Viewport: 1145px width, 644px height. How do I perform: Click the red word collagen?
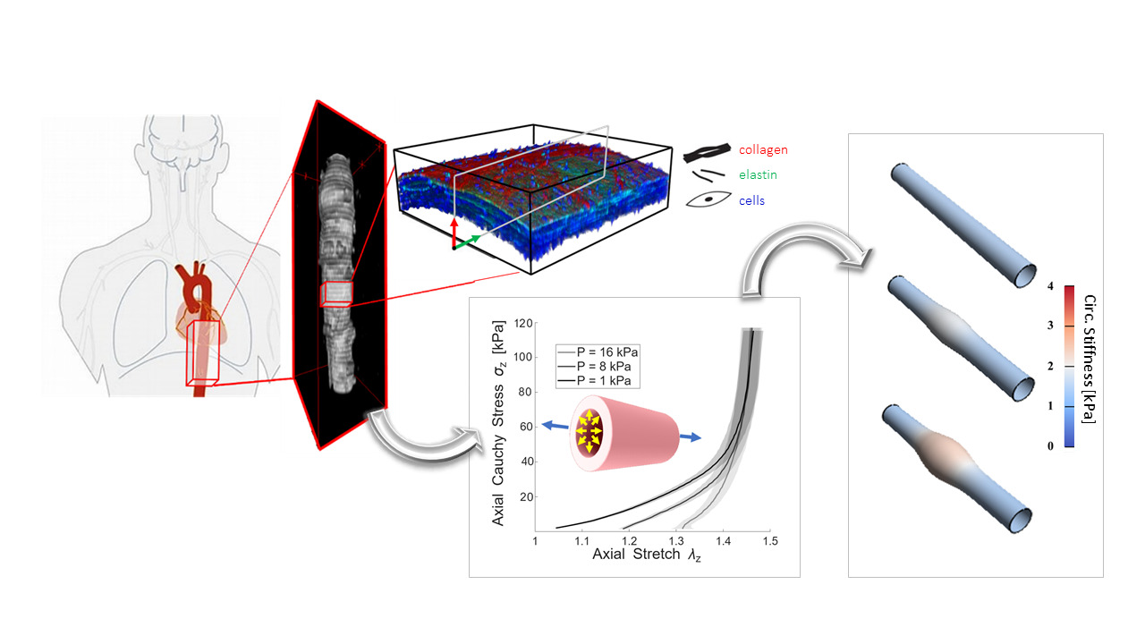(763, 149)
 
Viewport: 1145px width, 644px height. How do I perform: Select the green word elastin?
(758, 174)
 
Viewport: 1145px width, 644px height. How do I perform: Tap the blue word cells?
(751, 201)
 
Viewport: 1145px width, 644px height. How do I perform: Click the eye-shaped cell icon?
(708, 199)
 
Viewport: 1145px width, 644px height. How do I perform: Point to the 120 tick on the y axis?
(523, 323)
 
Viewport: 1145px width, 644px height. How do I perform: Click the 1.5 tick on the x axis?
(770, 541)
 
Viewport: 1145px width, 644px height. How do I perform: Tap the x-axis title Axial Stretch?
(636, 554)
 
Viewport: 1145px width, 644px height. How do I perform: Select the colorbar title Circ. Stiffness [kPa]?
(1089, 359)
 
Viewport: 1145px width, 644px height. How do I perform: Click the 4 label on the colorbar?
(1050, 286)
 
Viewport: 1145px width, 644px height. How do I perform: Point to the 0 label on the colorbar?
(1050, 446)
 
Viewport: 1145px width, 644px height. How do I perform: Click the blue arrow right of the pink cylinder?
(690, 437)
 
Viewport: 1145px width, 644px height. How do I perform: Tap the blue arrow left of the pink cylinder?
(555, 425)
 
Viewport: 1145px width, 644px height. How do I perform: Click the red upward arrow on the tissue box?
(454, 233)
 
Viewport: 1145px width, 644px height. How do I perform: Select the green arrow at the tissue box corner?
(467, 241)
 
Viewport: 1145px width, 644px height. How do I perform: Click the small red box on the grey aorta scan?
(336, 294)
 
